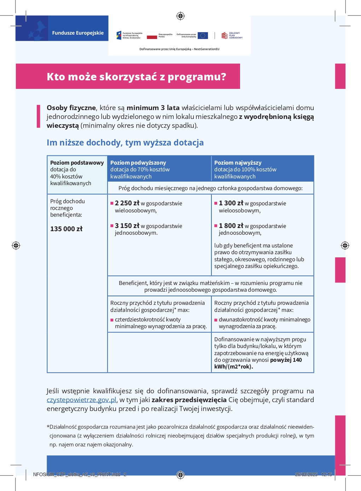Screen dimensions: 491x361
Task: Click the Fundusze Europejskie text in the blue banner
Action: click(x=78, y=33)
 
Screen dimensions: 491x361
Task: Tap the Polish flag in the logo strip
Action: click(x=152, y=35)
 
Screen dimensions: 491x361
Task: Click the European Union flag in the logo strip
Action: click(x=203, y=35)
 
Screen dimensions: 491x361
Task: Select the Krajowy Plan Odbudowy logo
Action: click(x=232, y=35)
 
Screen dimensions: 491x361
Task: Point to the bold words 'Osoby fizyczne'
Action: click(x=71, y=108)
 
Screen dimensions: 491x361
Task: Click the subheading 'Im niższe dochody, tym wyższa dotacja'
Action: click(x=125, y=143)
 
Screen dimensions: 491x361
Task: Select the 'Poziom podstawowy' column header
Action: click(x=77, y=163)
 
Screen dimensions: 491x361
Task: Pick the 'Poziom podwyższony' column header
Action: click(x=138, y=163)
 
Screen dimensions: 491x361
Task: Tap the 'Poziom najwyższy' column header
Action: click(x=238, y=163)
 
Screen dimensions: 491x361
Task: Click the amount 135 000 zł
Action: click(x=66, y=229)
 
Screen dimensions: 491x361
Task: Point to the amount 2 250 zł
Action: click(x=127, y=203)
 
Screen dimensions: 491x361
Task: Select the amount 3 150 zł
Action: click(x=127, y=226)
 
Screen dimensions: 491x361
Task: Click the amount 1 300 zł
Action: click(x=231, y=203)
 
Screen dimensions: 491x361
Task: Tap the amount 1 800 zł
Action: click(x=231, y=226)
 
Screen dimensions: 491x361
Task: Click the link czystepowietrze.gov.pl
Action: click(x=81, y=400)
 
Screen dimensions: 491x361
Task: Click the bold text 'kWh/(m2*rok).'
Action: click(x=233, y=367)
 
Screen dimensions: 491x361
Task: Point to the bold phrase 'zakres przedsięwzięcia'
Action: click(x=189, y=400)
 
